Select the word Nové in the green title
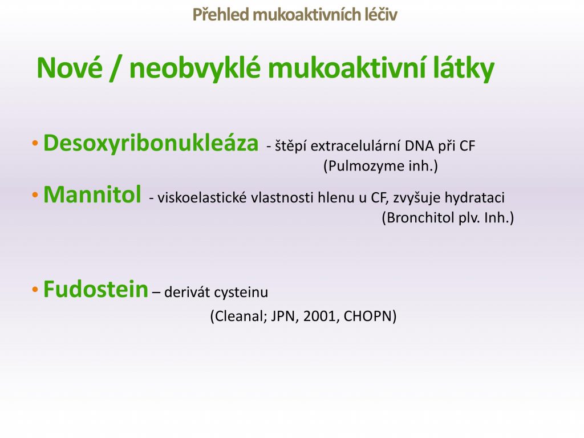coord(70,68)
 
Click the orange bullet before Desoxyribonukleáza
coord(35,143)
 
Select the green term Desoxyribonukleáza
coord(151,143)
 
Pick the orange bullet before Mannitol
coord(35,195)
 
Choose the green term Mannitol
coord(92,194)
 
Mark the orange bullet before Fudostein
coord(35,289)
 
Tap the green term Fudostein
coord(96,289)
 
